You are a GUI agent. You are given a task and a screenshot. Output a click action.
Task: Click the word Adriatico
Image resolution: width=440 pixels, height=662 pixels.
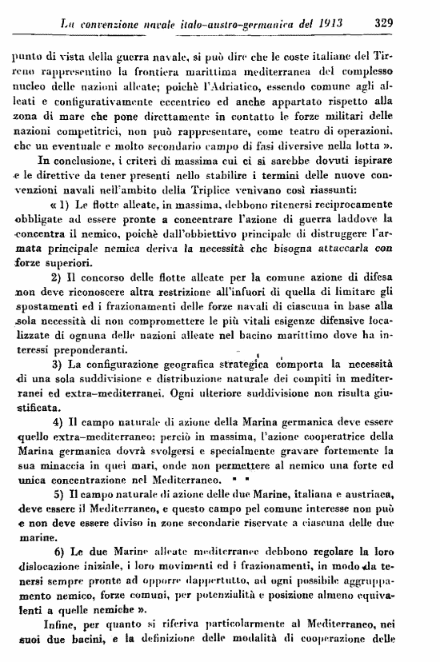262,86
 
